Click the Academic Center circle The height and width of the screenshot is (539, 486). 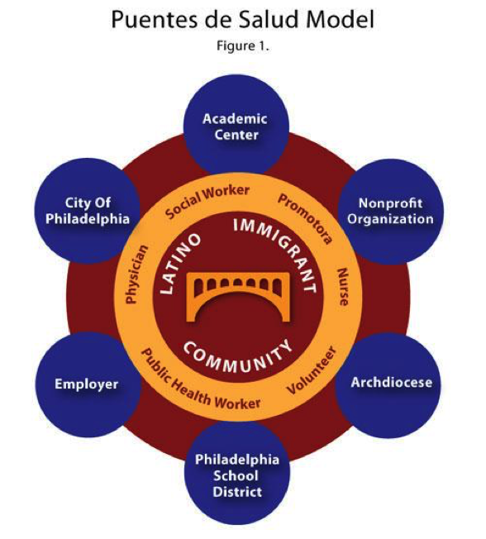point(236,126)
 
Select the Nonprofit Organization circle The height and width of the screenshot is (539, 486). point(390,211)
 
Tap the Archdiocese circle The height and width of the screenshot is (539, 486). point(388,385)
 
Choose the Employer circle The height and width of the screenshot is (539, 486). point(88,384)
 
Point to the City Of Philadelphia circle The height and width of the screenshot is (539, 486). point(88,211)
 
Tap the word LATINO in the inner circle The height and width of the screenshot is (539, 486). point(180,264)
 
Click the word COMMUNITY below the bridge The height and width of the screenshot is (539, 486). point(237,356)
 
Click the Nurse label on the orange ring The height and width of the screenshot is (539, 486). point(343,287)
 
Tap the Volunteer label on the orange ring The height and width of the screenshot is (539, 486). point(312,370)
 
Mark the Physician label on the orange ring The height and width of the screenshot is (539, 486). point(136,274)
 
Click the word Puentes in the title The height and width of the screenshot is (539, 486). point(155,20)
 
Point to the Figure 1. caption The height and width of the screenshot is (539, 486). point(243,45)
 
